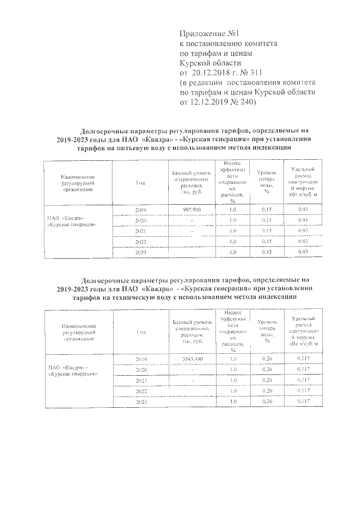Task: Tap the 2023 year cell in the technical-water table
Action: pyautogui.click(x=141, y=402)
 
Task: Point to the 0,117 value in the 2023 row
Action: pyautogui.click(x=303, y=402)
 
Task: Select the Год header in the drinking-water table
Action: pyautogui.click(x=141, y=182)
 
